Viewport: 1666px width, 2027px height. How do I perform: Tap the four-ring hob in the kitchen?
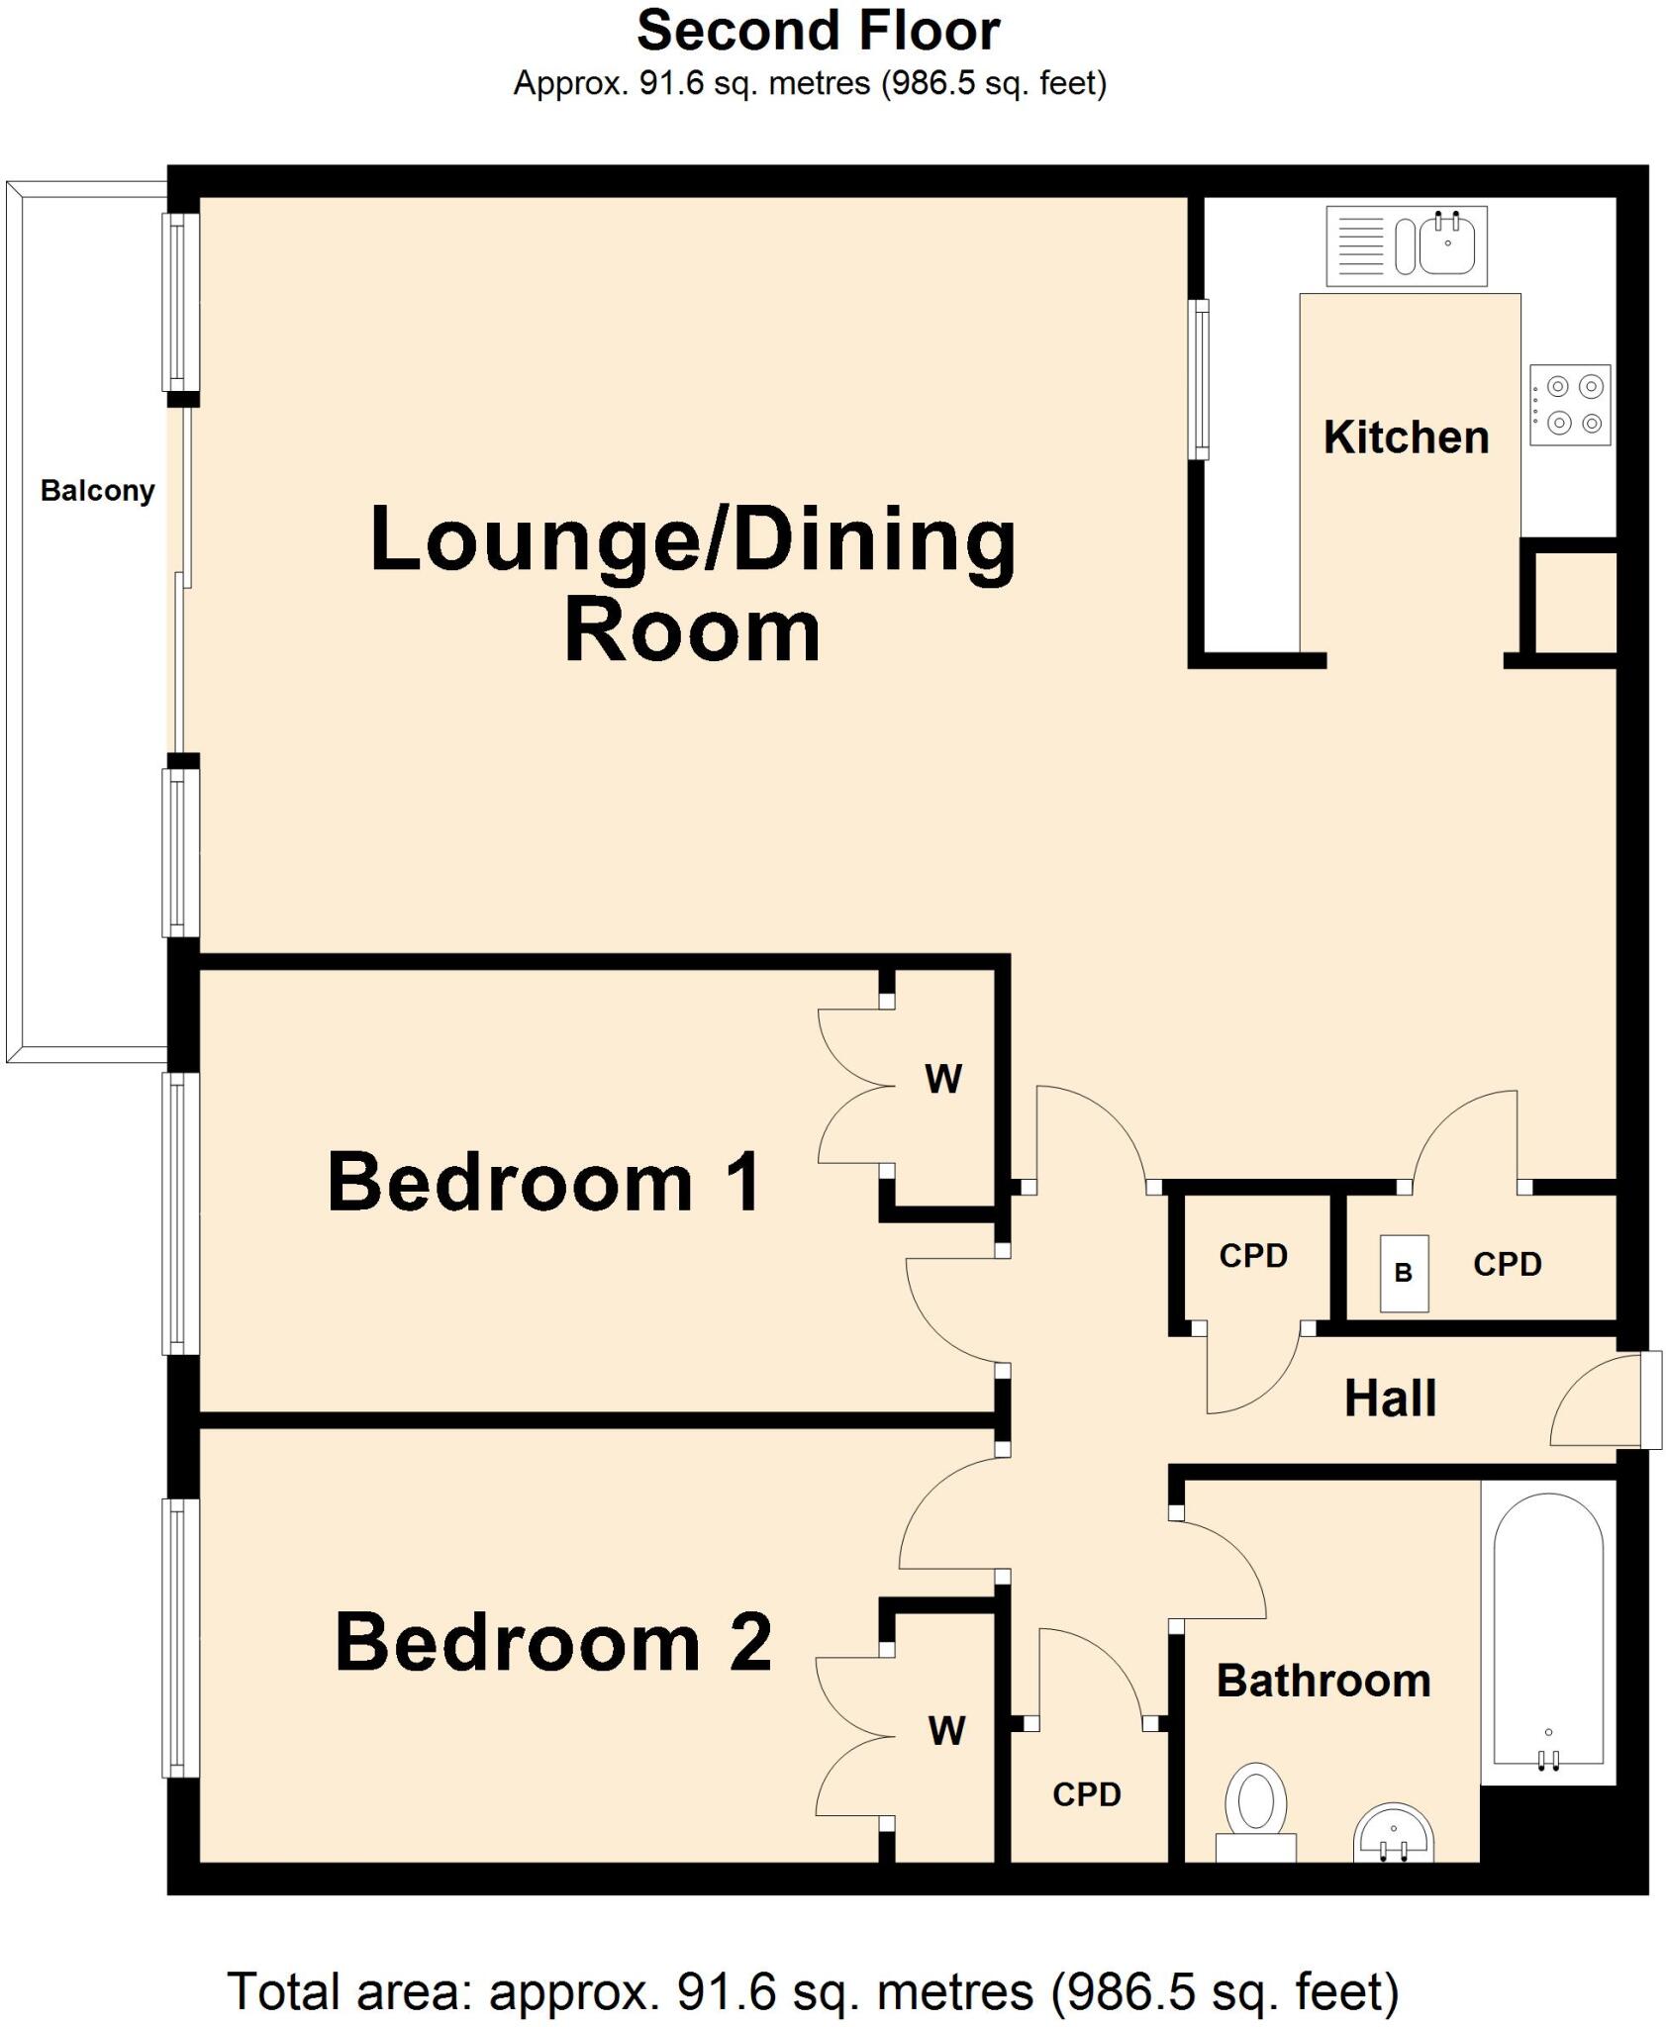(1569, 406)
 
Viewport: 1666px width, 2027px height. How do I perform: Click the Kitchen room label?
(1406, 437)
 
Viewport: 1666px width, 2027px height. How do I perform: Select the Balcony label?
(97, 491)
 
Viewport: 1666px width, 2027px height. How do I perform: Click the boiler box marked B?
(1405, 1273)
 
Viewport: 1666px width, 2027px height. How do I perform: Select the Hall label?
(1389, 1400)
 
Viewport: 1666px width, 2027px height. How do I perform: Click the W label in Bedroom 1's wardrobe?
(942, 1080)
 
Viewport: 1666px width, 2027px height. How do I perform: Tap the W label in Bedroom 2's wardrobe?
(946, 1731)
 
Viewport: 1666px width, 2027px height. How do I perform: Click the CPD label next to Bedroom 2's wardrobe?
(1086, 1794)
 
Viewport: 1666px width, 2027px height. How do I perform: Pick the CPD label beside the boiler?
(1507, 1265)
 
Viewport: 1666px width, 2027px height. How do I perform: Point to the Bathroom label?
(1323, 1682)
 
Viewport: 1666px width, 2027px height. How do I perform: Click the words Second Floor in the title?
(818, 32)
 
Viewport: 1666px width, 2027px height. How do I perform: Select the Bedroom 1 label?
(543, 1183)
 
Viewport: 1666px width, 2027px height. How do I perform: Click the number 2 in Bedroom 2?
(749, 1642)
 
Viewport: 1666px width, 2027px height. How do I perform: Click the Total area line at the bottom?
(814, 1991)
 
